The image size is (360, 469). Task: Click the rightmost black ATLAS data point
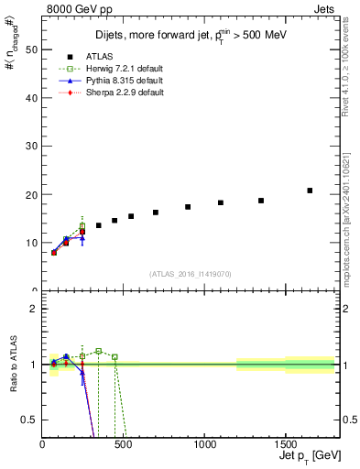(x=310, y=191)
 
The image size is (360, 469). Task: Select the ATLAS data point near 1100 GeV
(x=221, y=202)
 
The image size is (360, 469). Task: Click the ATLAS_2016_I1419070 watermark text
(x=191, y=274)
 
